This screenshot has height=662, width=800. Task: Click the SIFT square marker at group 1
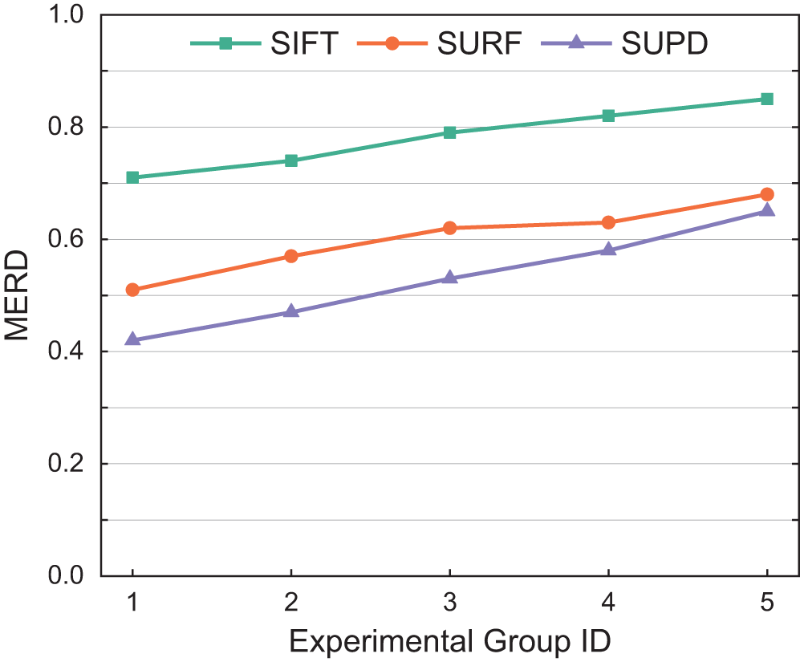[133, 177]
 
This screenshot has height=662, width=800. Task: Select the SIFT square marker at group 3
[450, 132]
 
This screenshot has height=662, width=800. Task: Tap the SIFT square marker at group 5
[767, 100]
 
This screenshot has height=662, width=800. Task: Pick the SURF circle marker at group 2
[291, 256]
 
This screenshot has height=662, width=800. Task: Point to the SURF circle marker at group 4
[608, 222]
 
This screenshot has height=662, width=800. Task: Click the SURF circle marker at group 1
[133, 290]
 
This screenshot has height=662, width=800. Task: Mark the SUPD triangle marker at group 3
[450, 278]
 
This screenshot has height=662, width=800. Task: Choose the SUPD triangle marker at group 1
[133, 339]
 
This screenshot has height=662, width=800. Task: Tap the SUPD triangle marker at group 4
[608, 250]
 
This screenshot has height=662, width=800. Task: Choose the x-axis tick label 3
[450, 602]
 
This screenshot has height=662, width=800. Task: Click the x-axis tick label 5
[767, 602]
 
